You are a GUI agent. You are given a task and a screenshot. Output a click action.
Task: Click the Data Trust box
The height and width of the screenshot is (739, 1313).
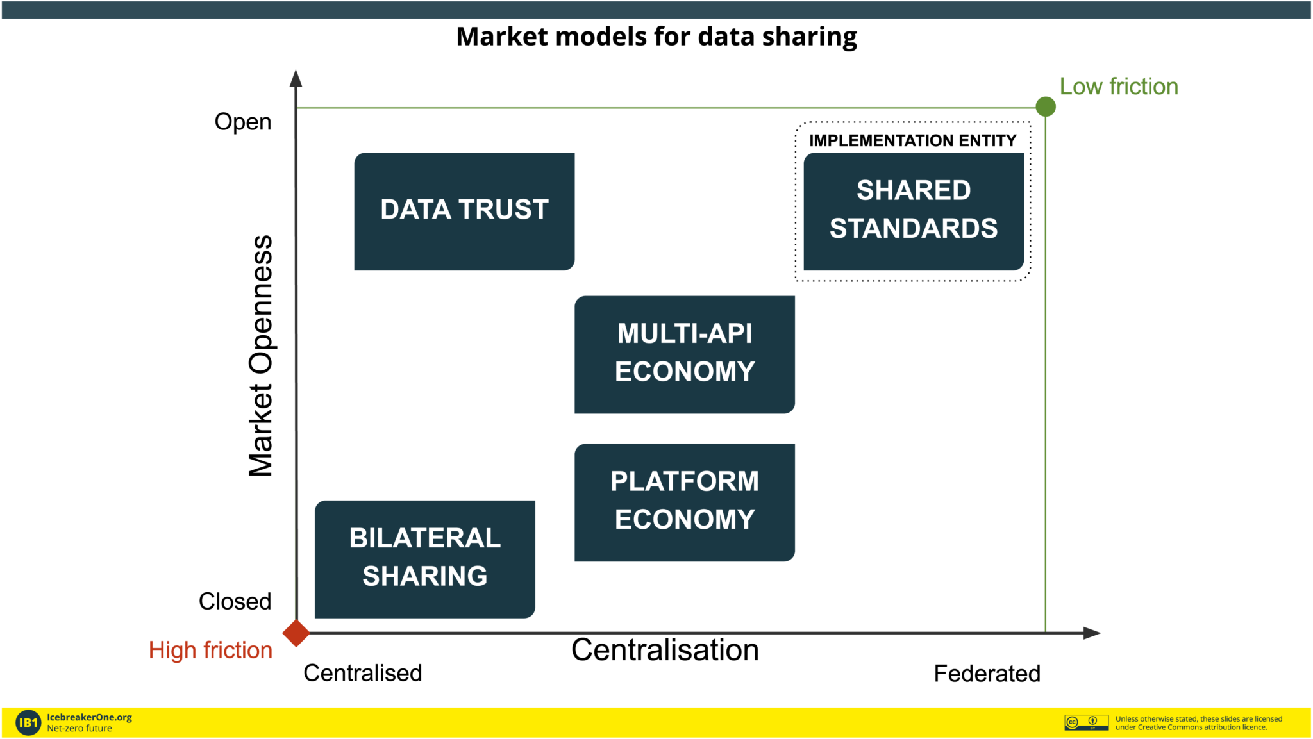464,212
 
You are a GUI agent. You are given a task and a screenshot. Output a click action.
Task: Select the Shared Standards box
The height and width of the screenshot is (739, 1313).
914,212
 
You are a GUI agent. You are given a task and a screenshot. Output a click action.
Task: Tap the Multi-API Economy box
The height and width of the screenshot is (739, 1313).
685,354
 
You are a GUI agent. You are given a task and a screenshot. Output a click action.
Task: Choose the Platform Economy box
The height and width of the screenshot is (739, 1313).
685,502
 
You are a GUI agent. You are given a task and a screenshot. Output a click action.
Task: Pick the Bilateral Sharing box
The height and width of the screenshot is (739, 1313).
425,559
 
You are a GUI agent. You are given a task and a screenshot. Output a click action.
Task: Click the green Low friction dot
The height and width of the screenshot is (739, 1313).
1046,106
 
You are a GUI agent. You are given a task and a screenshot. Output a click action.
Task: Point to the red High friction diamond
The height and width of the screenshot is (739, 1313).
296,633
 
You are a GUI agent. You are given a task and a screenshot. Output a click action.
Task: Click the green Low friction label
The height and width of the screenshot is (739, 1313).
1119,87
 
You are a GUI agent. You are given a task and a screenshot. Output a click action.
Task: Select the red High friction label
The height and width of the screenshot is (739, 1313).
210,650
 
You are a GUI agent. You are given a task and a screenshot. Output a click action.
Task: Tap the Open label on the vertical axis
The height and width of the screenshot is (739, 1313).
243,122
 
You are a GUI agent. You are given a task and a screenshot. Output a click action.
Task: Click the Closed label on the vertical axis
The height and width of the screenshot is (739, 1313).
235,601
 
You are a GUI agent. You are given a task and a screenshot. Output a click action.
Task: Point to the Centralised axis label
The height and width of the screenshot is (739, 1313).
363,673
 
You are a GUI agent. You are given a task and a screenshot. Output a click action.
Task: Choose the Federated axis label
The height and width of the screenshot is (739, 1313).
987,674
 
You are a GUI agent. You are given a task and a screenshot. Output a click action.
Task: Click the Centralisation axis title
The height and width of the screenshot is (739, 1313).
665,650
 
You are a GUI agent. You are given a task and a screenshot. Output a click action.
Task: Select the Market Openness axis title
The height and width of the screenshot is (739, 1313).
261,356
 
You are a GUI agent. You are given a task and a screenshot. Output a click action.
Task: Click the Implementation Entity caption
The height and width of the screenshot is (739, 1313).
913,140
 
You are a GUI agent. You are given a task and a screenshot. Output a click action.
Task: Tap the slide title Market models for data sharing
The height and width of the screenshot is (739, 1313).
656,37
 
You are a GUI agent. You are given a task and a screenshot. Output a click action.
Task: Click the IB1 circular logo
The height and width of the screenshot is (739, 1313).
28,723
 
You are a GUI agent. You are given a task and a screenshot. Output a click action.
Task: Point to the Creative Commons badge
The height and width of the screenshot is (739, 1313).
1087,722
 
